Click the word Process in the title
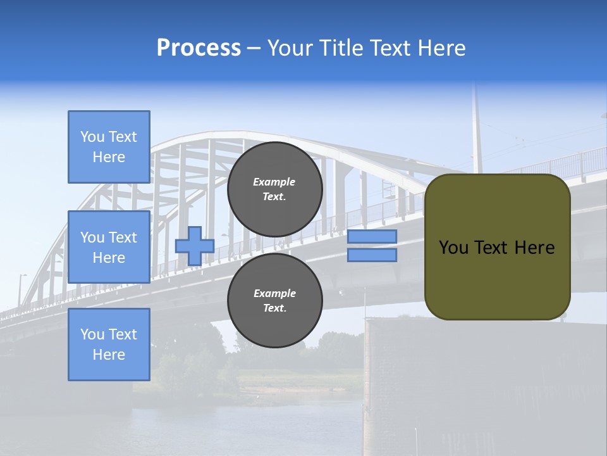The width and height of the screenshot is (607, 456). pyautogui.click(x=199, y=48)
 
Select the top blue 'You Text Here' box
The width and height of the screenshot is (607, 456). pyautogui.click(x=109, y=147)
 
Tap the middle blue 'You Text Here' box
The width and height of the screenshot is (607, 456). pyautogui.click(x=109, y=247)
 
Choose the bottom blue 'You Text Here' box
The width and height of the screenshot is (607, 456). pyautogui.click(x=109, y=344)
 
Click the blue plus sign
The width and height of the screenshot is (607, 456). pyautogui.click(x=194, y=246)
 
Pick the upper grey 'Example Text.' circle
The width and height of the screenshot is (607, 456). pyautogui.click(x=274, y=189)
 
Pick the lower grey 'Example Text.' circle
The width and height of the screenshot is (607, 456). pyautogui.click(x=274, y=301)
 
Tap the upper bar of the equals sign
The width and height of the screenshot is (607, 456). pyautogui.click(x=372, y=237)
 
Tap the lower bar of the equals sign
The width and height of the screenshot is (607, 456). pyautogui.click(x=372, y=255)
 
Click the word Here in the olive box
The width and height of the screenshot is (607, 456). pyautogui.click(x=534, y=248)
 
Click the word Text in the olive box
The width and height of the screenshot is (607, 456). pyautogui.click(x=491, y=248)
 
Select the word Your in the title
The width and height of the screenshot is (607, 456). pyautogui.click(x=288, y=48)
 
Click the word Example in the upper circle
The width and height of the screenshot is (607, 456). pyautogui.click(x=274, y=182)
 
